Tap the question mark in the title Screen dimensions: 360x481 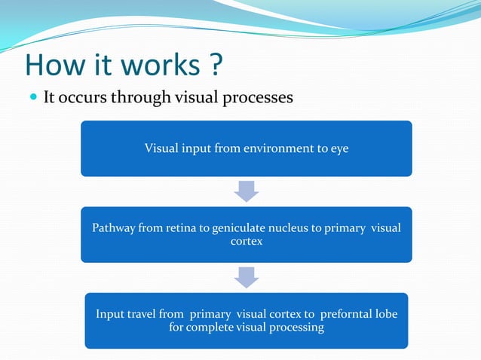pos(215,66)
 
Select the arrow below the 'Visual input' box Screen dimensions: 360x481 pos(247,191)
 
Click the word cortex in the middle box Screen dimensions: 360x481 pos(246,242)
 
